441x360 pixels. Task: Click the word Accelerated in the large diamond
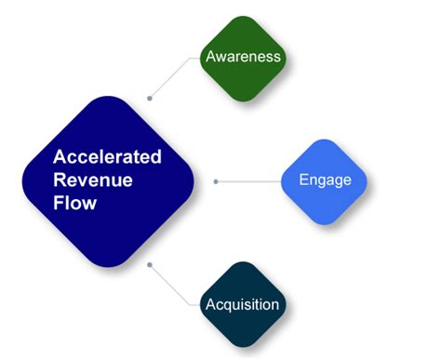pos(107,156)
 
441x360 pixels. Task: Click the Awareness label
pos(243,56)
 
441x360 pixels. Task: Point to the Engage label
pos(325,180)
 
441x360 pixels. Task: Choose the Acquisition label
pos(242,304)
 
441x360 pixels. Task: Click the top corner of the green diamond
pos(243,16)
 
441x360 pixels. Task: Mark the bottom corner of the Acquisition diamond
pos(242,345)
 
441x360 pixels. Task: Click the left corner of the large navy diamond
pos(24,179)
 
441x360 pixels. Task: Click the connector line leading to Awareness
pos(177,76)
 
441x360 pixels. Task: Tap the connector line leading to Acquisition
pos(177,284)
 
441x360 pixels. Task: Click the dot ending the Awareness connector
pos(150,97)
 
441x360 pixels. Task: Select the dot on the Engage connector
pos(216,180)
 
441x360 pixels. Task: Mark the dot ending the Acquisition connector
pos(150,264)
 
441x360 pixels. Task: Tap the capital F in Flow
pos(59,201)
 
